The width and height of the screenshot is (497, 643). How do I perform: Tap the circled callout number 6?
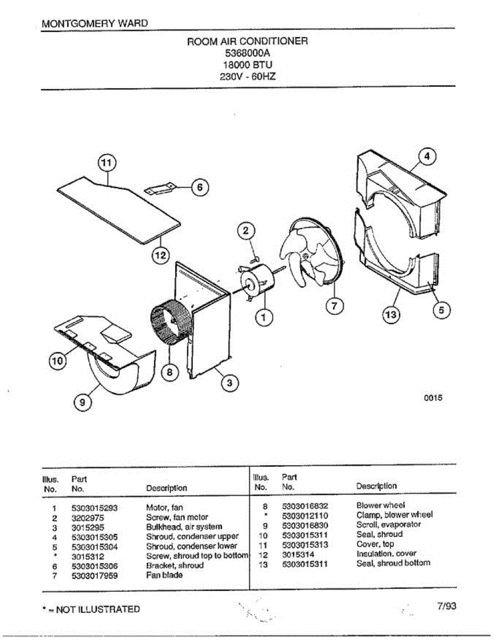point(199,187)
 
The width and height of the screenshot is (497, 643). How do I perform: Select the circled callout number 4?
point(427,156)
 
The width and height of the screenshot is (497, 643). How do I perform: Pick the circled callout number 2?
point(246,231)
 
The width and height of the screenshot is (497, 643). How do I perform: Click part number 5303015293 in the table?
point(94,508)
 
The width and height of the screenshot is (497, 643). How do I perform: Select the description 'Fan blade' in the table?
point(164,575)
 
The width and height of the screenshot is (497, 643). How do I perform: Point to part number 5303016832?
point(305,506)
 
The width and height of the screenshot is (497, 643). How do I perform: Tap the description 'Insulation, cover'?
point(386,554)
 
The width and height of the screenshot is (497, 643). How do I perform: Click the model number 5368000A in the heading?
point(247,53)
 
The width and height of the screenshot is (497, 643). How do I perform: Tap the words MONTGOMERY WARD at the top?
point(94,23)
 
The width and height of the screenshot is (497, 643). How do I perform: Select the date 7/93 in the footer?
point(446,607)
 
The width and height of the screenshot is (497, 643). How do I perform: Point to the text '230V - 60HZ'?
point(247,77)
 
